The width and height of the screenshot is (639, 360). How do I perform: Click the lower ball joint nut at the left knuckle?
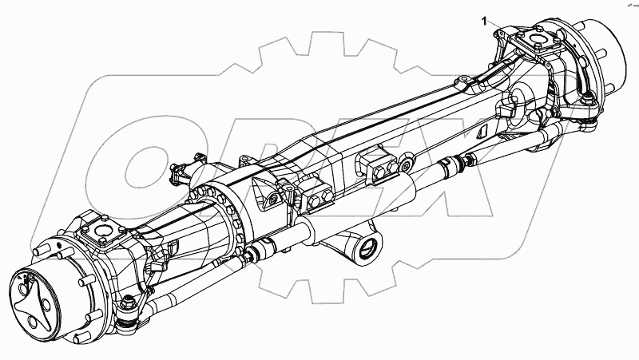tap(128, 303)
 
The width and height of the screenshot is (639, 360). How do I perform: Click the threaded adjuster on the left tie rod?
tap(254, 255)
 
